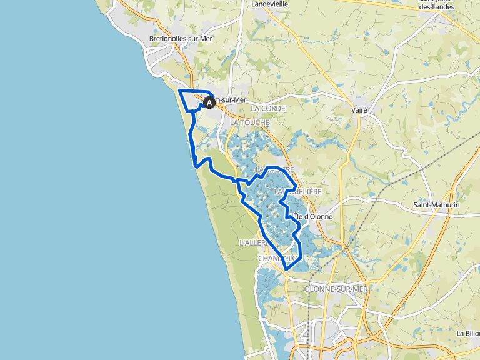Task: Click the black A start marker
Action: point(209,102)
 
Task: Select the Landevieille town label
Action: point(269,4)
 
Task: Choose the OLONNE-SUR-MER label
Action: point(336,289)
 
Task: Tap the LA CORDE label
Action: point(268,109)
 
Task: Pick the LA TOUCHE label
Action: point(249,122)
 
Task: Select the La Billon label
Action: point(467,334)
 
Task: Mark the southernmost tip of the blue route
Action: point(287,269)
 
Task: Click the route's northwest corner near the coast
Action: point(180,91)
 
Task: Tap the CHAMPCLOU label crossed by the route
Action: point(276,258)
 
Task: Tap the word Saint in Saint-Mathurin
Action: point(423,204)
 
